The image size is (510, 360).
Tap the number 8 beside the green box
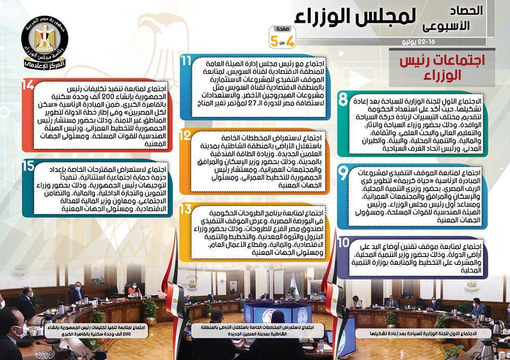(x=343, y=99)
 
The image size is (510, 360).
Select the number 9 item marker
(x=343, y=173)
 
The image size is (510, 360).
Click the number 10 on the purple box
(x=344, y=243)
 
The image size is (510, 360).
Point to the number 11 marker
(x=186, y=61)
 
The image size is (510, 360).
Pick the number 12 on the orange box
(x=185, y=135)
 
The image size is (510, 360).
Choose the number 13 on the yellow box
(x=185, y=209)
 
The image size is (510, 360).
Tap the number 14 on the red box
(x=28, y=85)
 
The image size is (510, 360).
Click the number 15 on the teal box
(x=28, y=166)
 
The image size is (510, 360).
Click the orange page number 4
(x=289, y=41)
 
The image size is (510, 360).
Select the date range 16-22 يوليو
(x=419, y=42)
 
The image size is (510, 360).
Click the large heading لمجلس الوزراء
(x=355, y=16)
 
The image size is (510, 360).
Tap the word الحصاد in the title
(x=466, y=11)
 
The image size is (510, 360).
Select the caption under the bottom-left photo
(x=96, y=331)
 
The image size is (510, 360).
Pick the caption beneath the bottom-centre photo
(x=257, y=331)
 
